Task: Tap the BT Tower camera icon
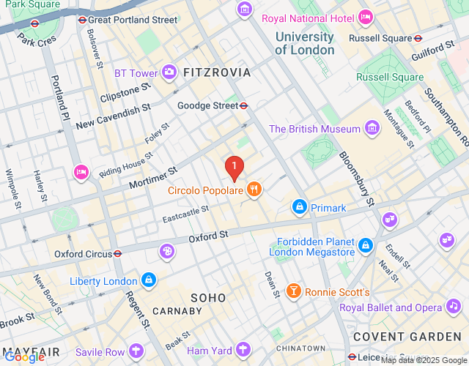point(170,72)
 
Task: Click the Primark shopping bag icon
point(299,208)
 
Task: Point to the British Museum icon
point(373,129)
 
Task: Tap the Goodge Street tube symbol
point(243,105)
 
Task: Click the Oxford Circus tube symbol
point(117,254)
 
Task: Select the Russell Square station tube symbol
point(418,38)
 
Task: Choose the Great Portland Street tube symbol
point(82,20)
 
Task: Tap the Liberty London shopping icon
point(149,280)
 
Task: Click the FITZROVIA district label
point(217,72)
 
